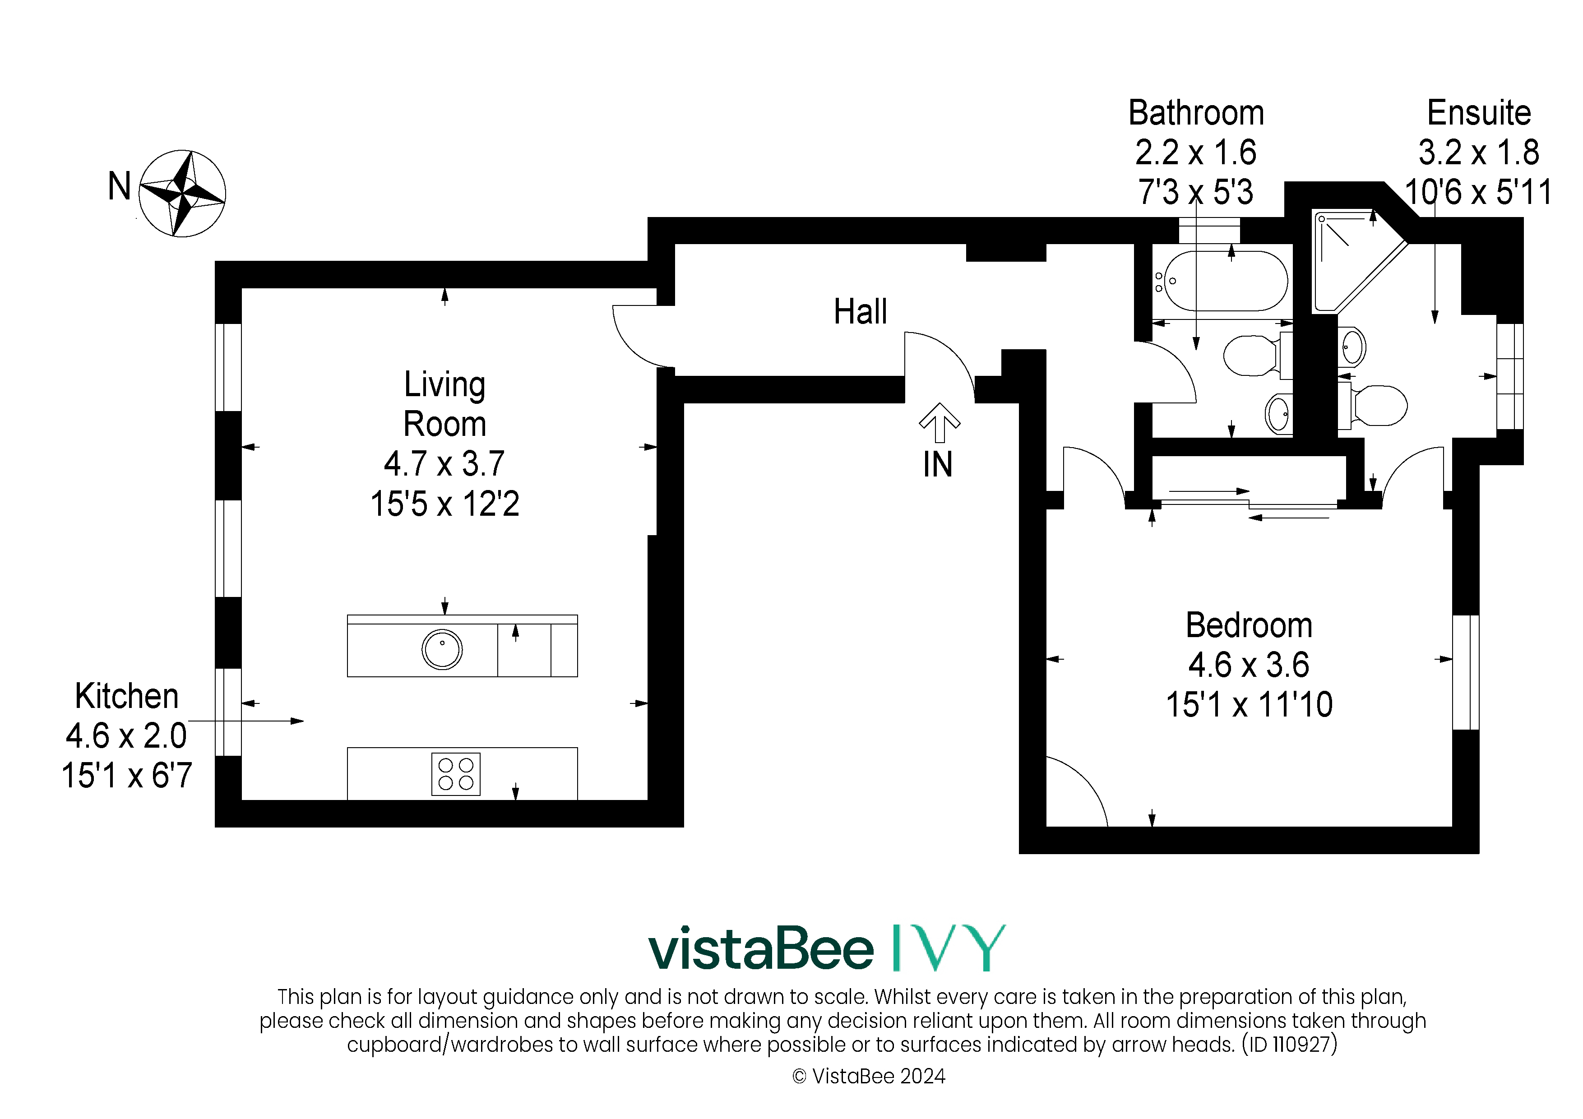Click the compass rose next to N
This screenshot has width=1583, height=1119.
tap(182, 194)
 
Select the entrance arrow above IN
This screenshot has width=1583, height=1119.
tap(939, 422)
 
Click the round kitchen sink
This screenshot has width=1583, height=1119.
tap(442, 649)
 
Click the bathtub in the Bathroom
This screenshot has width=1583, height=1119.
tap(1220, 281)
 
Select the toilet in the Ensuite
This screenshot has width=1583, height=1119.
tap(1372, 405)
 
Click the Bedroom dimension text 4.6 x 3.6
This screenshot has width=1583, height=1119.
tap(1249, 665)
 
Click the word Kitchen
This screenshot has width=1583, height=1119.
tap(127, 696)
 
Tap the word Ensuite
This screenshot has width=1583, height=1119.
tap(1479, 112)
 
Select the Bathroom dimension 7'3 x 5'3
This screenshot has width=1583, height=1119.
tap(1195, 192)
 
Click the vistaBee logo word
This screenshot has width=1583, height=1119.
tap(761, 949)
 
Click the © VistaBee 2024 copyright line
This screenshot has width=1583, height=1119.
tap(869, 1076)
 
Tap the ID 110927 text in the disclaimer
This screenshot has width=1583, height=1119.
tap(1289, 1045)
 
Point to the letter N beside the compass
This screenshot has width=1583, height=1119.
tap(119, 186)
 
